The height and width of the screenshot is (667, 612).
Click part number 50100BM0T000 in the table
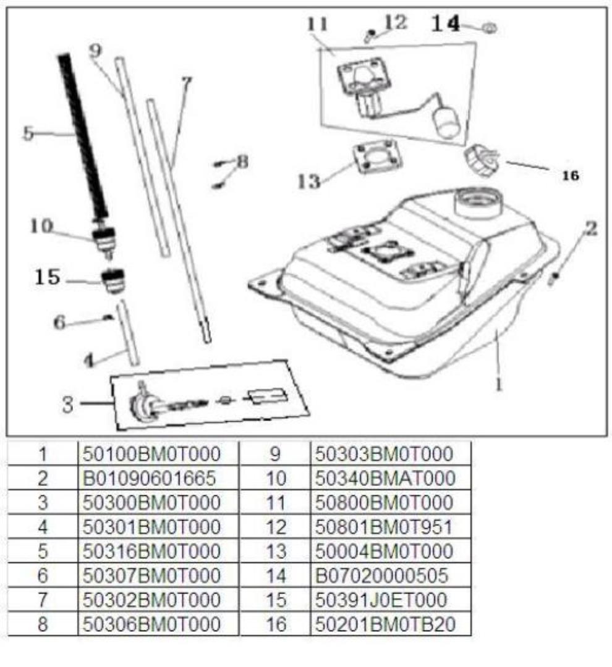pyautogui.click(x=151, y=454)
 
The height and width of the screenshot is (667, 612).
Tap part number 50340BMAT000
pyautogui.click(x=385, y=478)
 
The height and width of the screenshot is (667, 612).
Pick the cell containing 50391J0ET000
pyautogui.click(x=381, y=600)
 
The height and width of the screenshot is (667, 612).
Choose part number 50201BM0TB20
pyautogui.click(x=385, y=624)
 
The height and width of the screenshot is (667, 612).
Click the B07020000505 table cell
pyautogui.click(x=381, y=576)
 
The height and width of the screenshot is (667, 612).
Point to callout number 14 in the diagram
pyautogui.click(x=446, y=23)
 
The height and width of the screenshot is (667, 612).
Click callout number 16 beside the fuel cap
pyautogui.click(x=571, y=175)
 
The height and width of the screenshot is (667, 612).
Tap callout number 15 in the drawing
pyautogui.click(x=47, y=277)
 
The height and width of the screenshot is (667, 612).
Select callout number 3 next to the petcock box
pyautogui.click(x=68, y=404)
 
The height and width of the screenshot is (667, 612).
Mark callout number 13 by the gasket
pyautogui.click(x=308, y=181)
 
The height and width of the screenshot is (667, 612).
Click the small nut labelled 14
pyautogui.click(x=490, y=28)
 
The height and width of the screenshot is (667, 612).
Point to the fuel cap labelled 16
pyautogui.click(x=481, y=161)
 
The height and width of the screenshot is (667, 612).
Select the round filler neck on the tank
pyautogui.click(x=478, y=203)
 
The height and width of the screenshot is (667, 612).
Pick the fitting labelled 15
pyautogui.click(x=114, y=281)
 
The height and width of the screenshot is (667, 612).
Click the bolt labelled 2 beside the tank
pyautogui.click(x=554, y=279)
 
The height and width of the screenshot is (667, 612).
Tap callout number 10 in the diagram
pyautogui.click(x=41, y=226)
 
